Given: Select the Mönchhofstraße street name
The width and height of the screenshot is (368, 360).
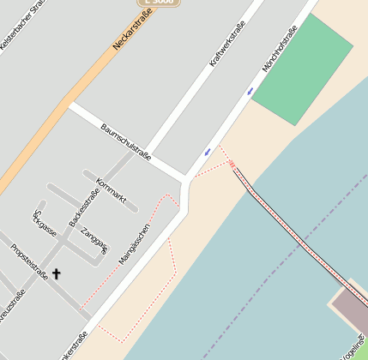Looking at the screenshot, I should pos(280,49).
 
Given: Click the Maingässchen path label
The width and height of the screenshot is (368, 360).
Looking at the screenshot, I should pos(135,242).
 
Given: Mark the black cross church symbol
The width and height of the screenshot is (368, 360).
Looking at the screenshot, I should pos(57,274).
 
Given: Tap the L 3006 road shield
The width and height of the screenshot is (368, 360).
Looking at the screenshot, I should pos(159,3).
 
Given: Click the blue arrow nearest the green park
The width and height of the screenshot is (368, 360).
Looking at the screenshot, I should pos(250,91).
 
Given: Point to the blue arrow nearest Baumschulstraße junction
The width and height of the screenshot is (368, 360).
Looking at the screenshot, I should pos(207,153).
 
